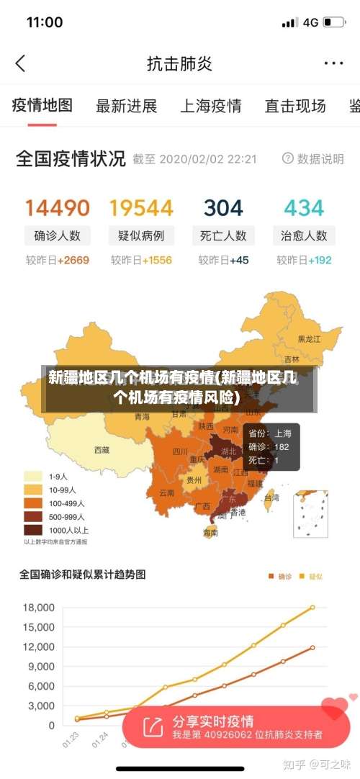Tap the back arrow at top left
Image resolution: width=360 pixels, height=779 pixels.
click(x=20, y=63)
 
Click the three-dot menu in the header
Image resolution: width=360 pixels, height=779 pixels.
click(x=333, y=63)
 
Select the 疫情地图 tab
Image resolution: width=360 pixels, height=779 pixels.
click(x=42, y=106)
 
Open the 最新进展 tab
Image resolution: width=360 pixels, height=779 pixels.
click(x=127, y=107)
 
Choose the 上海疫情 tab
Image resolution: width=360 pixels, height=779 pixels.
click(x=210, y=107)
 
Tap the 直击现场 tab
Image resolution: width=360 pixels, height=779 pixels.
click(x=295, y=107)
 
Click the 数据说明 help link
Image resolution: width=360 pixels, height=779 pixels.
click(x=313, y=158)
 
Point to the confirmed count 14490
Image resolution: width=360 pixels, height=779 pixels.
click(x=58, y=208)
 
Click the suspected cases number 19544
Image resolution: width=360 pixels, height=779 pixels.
click(x=141, y=208)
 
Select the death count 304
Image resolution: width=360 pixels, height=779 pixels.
click(x=223, y=208)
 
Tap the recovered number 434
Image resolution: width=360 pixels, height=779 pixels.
click(x=304, y=208)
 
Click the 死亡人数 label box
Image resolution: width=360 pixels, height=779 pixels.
click(x=223, y=235)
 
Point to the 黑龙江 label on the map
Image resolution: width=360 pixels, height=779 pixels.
click(x=310, y=338)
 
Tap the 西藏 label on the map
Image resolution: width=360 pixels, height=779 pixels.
click(x=102, y=450)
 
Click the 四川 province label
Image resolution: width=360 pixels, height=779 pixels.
click(x=180, y=452)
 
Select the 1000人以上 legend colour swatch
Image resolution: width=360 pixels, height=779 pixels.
click(x=32, y=529)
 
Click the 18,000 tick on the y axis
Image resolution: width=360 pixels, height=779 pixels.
click(x=37, y=608)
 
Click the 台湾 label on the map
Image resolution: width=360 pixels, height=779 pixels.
click(x=271, y=497)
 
